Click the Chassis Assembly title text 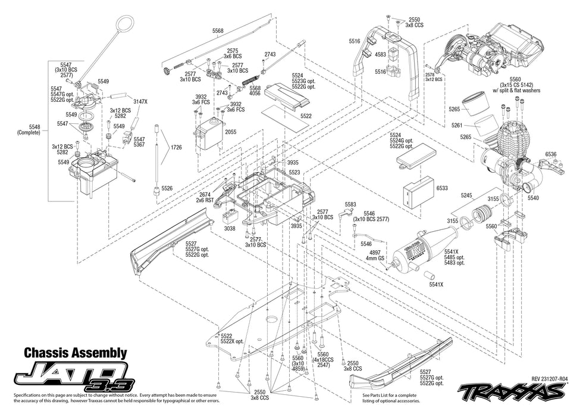click(x=75, y=353)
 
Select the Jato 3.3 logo click(x=75, y=376)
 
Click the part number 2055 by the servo click(x=230, y=132)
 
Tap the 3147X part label click(x=140, y=102)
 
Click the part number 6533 click(x=442, y=188)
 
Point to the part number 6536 click(x=551, y=154)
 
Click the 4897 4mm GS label click(x=377, y=255)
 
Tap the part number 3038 click(x=230, y=228)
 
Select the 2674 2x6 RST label click(x=205, y=197)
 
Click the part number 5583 click(x=350, y=204)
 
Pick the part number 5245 click(x=466, y=195)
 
